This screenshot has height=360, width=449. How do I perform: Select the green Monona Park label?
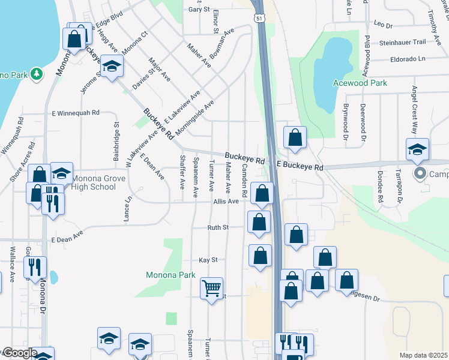pos(171,275)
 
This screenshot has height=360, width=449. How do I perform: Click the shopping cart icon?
pos(211,289)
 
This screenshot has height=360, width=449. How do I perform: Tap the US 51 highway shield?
pos(259,19)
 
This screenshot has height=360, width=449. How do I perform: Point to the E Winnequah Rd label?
pos(76,112)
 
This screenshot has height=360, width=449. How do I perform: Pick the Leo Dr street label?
pos(382,25)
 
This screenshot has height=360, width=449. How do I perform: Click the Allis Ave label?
pos(226,202)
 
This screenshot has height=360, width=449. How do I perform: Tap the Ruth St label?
pos(218,227)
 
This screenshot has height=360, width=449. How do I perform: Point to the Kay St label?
pos(208,260)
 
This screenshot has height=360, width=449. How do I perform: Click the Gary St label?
pos(199,10)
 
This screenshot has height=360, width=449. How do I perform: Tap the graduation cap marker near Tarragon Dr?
pos(418,149)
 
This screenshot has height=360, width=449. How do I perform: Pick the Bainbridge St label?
pos(116,142)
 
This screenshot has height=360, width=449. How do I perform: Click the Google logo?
pos(19,353)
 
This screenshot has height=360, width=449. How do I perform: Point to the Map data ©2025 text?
pos(423,355)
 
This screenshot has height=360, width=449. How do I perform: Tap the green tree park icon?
pos(38,74)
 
